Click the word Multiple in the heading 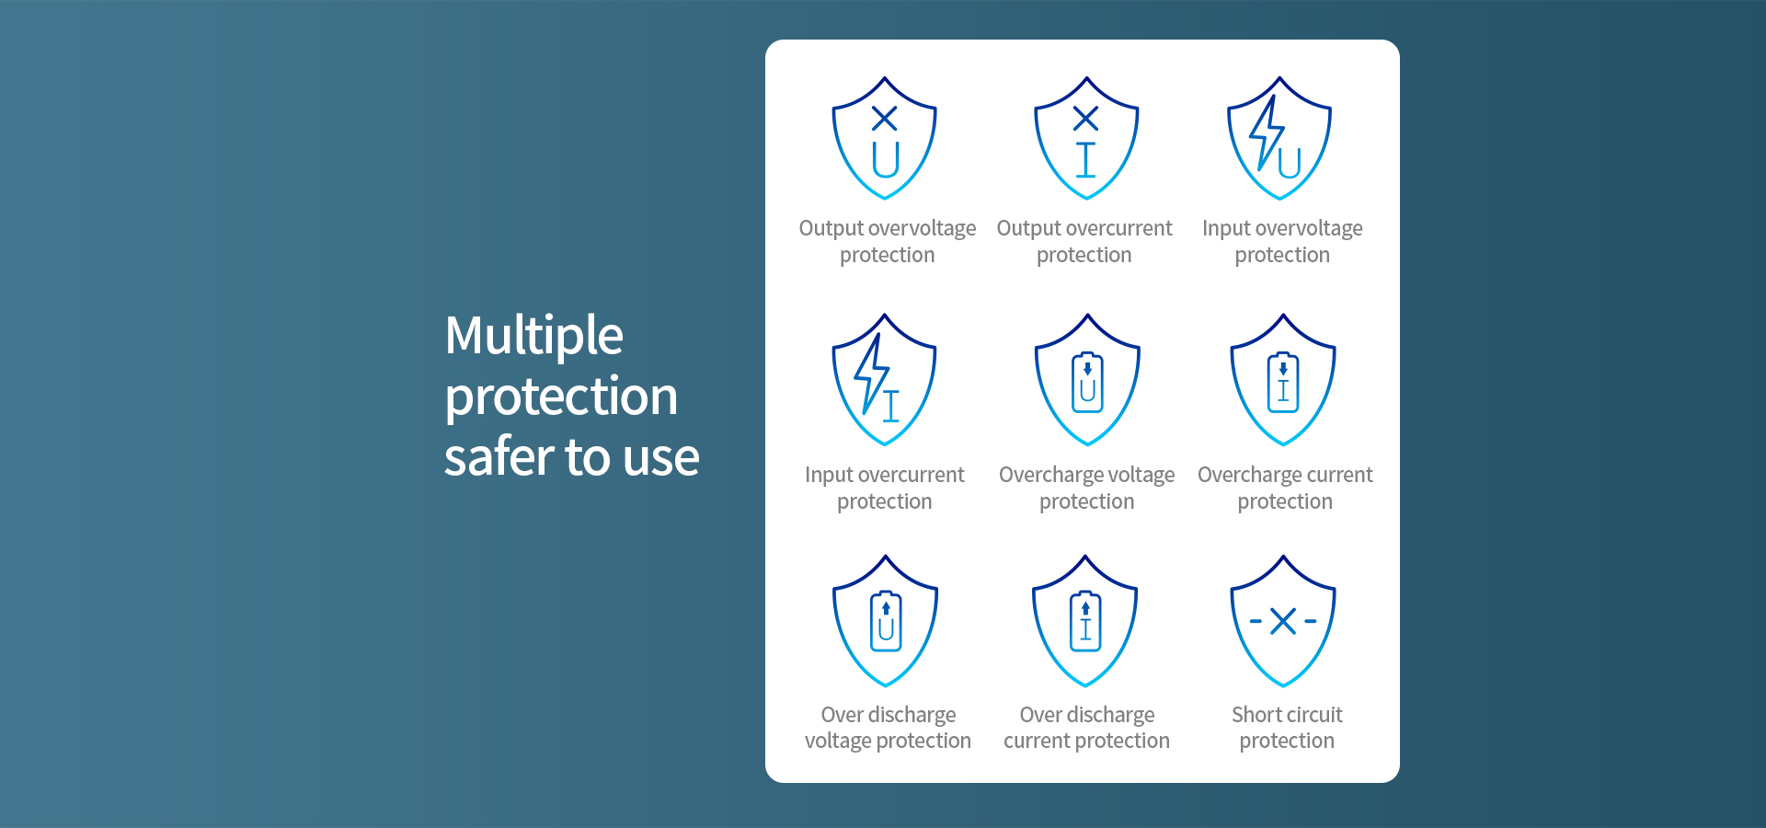[x=534, y=337]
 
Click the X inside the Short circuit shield [x=1283, y=621]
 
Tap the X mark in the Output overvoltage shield [x=885, y=118]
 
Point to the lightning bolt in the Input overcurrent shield [x=870, y=373]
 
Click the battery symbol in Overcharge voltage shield [x=1087, y=381]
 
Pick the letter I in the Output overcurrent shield [x=1086, y=159]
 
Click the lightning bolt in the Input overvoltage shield [x=1267, y=132]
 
